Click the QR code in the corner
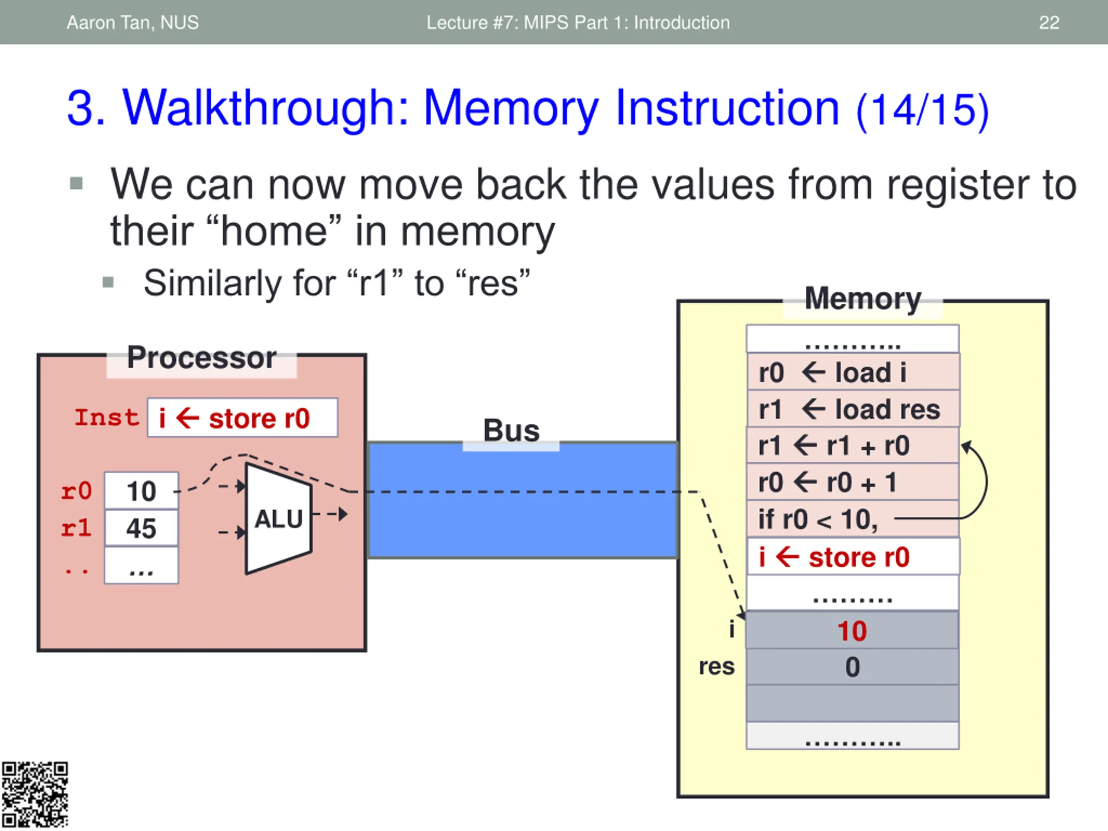tap(35, 795)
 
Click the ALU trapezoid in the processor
tap(278, 519)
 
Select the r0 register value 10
tap(141, 491)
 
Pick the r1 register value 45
tap(141, 528)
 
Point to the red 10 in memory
tap(852, 631)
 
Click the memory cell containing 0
tap(853, 667)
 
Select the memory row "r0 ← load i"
tap(853, 372)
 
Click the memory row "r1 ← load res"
tap(853, 409)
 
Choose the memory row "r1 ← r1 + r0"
tap(853, 445)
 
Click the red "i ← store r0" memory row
tap(853, 557)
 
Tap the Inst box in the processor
tap(242, 418)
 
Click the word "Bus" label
tap(512, 430)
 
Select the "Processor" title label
tap(201, 358)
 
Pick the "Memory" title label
tap(863, 299)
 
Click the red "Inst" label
tap(107, 417)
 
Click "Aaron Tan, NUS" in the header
tap(133, 23)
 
